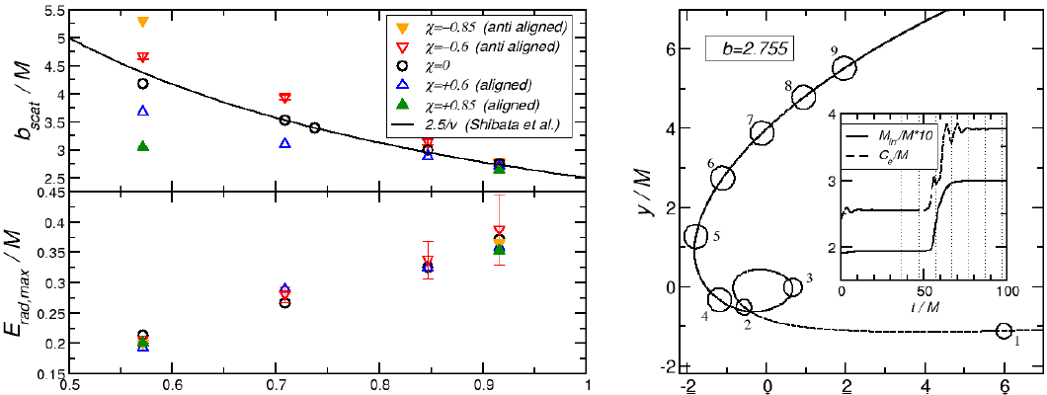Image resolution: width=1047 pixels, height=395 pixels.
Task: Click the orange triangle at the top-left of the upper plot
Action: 143,22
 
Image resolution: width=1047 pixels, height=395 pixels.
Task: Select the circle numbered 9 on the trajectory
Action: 845,67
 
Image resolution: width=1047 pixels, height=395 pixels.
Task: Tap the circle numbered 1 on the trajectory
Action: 1005,331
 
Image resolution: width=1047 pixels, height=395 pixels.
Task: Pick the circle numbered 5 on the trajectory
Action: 696,237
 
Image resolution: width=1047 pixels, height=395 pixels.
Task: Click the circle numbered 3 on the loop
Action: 792,287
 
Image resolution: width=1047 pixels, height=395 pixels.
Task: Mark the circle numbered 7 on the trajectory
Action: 762,132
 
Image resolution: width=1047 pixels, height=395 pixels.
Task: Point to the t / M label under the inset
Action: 925,309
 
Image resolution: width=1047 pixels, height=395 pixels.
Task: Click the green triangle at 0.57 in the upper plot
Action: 143,146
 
